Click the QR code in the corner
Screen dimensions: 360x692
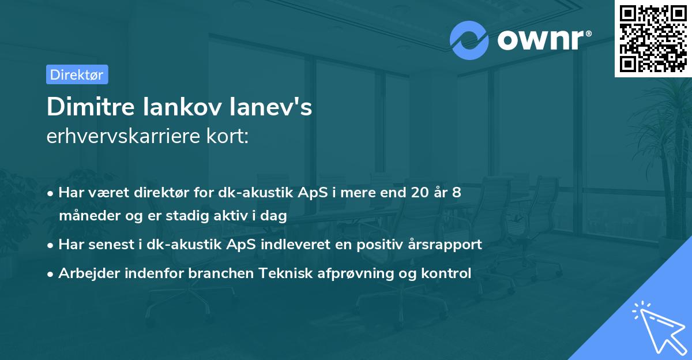[653, 39]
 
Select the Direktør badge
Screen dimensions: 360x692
[77, 74]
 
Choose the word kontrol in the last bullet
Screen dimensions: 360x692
[450, 273]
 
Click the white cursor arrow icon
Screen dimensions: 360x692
[657, 327]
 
